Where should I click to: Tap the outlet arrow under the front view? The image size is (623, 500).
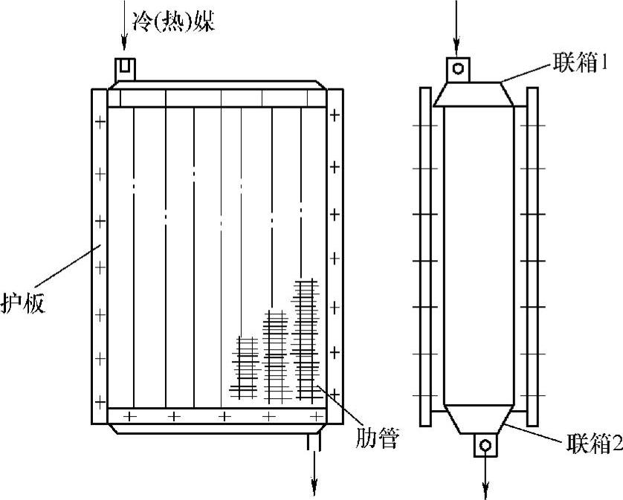315,472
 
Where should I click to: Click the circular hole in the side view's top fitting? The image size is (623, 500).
459,68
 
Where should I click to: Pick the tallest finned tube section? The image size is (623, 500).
306,338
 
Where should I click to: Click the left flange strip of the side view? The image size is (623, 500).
425,256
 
